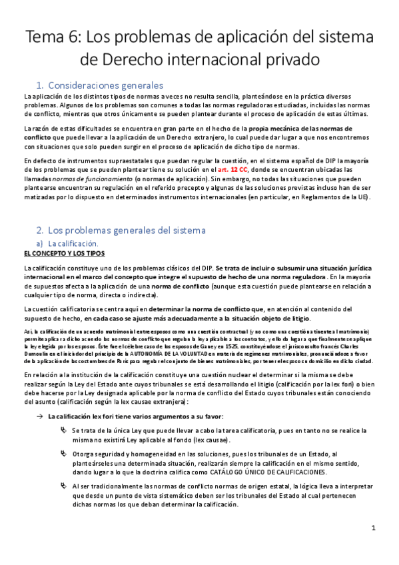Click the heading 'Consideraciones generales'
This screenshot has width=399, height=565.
[x=107, y=86]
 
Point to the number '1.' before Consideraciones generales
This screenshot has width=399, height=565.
[x=40, y=86]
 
